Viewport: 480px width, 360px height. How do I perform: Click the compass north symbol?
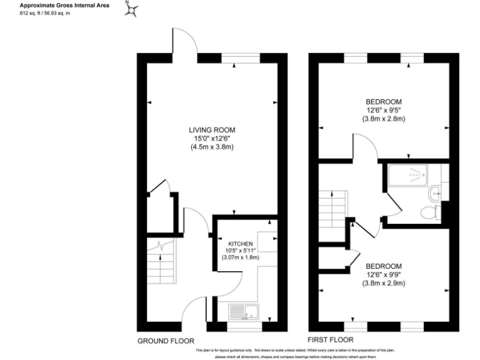point(132,9)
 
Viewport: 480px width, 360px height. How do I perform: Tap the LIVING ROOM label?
point(212,130)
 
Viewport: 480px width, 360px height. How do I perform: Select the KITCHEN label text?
point(240,243)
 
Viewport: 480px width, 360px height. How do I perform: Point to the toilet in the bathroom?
point(429,212)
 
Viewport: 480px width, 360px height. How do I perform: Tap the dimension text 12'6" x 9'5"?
point(384,110)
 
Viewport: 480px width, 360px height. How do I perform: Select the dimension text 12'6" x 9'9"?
point(384,274)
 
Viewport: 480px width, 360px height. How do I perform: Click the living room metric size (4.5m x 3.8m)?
point(212,147)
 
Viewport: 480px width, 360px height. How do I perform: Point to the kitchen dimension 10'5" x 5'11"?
point(240,250)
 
